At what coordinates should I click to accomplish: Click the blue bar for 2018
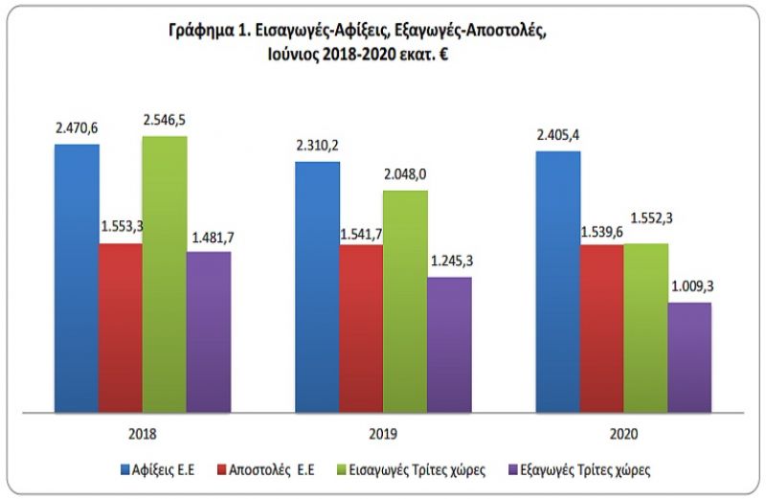click(x=77, y=278)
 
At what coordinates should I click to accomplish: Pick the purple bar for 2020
click(x=688, y=357)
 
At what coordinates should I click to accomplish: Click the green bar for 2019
click(x=405, y=302)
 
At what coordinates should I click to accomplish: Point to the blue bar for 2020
click(x=557, y=282)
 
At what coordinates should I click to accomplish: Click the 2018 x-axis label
click(x=143, y=432)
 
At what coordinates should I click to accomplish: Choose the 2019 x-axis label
click(x=383, y=432)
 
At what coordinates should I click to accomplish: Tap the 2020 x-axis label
click(x=622, y=432)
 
